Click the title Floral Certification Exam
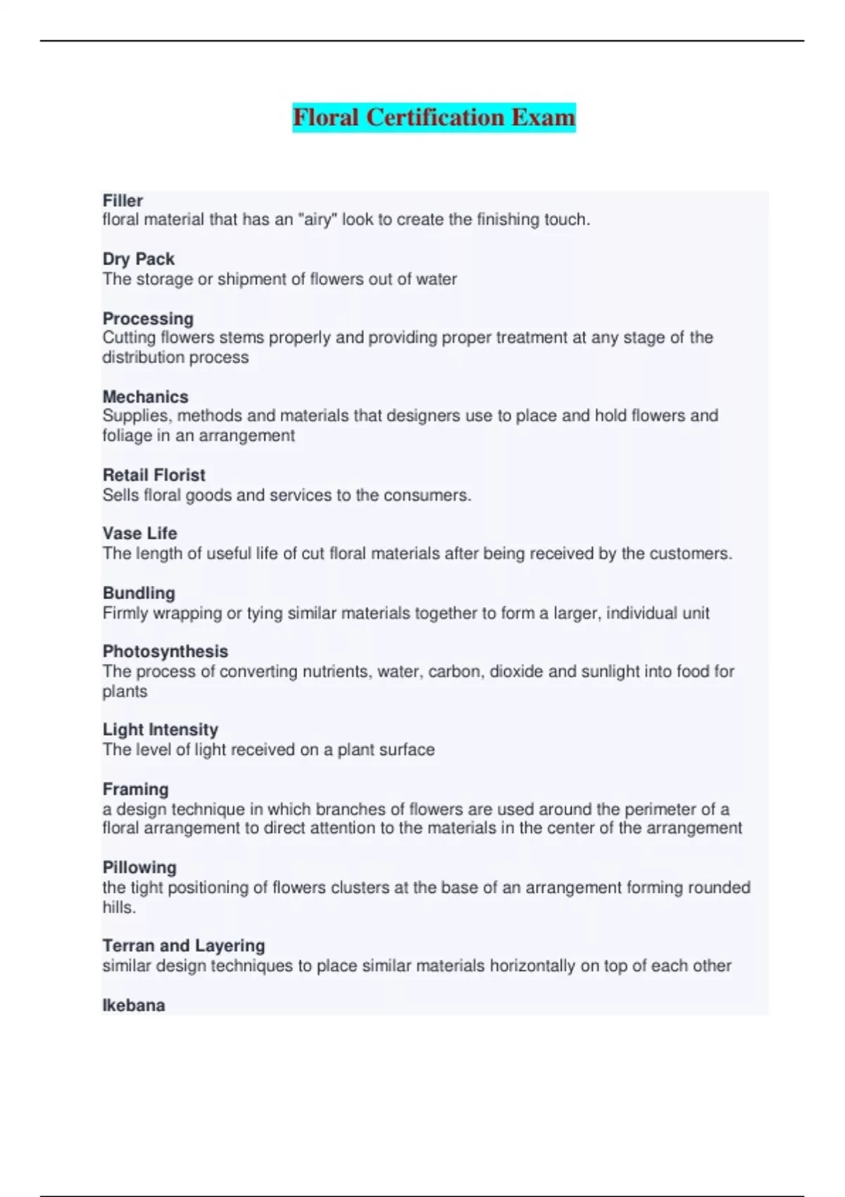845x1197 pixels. (x=434, y=117)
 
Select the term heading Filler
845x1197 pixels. (x=123, y=201)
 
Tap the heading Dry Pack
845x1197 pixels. (x=138, y=259)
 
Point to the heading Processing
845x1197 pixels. (x=148, y=318)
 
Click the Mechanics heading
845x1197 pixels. (x=145, y=396)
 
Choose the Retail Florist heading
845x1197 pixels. (x=154, y=475)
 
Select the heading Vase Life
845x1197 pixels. (x=139, y=534)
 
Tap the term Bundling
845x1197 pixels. (x=139, y=593)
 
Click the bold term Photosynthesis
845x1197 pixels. (x=165, y=651)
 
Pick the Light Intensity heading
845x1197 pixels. (x=160, y=729)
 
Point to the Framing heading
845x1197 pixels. (x=135, y=789)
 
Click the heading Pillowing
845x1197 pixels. (x=139, y=867)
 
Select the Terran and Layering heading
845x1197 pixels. (x=183, y=946)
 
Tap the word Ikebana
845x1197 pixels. (x=133, y=1005)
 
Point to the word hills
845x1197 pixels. (x=118, y=908)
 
